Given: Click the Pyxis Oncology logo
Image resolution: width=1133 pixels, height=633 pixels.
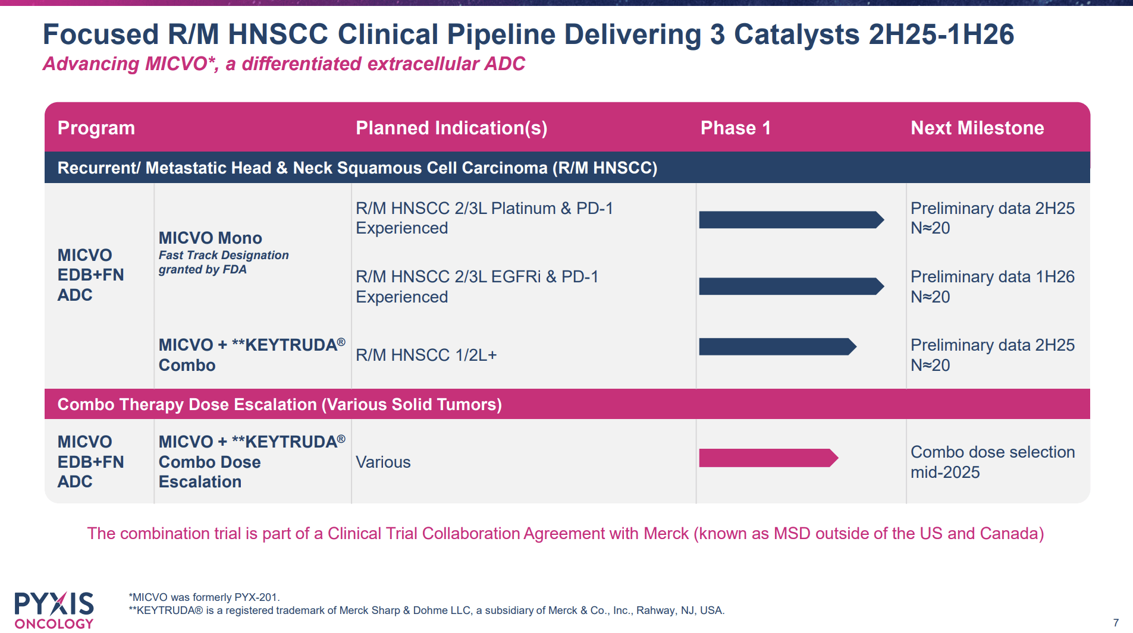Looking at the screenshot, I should coord(54,610).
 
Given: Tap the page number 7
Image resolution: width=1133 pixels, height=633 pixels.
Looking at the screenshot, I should coord(1116,622).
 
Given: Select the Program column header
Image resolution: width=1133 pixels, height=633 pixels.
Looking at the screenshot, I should coord(96,128).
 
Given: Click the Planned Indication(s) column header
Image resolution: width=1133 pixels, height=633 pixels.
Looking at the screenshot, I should coord(451,128).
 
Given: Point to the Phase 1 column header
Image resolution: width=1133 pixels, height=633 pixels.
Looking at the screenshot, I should coord(736,128).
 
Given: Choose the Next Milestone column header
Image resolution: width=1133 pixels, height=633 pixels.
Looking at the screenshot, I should coord(977,128).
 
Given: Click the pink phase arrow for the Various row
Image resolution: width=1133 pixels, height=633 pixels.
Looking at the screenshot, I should coord(768,458).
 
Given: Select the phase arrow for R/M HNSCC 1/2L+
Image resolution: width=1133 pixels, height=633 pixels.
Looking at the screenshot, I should coord(777,347).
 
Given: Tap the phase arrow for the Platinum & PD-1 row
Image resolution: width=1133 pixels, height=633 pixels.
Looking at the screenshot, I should coord(790,220).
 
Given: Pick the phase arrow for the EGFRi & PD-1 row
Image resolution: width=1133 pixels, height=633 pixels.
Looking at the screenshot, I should coord(790,286).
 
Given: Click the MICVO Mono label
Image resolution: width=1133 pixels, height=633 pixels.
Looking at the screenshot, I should coord(210,238).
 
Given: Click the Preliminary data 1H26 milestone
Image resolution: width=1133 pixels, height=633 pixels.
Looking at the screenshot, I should coord(992,277).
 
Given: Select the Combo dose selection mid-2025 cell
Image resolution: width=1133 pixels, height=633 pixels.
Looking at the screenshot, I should coord(992,462).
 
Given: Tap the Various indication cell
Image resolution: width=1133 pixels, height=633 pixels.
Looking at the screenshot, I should coord(383,462).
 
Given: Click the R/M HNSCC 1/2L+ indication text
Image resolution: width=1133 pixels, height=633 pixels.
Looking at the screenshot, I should coord(426,355).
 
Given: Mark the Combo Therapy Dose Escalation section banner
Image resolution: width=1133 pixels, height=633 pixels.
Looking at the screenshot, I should coord(280,404).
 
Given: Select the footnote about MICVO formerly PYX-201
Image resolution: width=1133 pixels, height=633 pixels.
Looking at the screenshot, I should coord(204,597).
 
